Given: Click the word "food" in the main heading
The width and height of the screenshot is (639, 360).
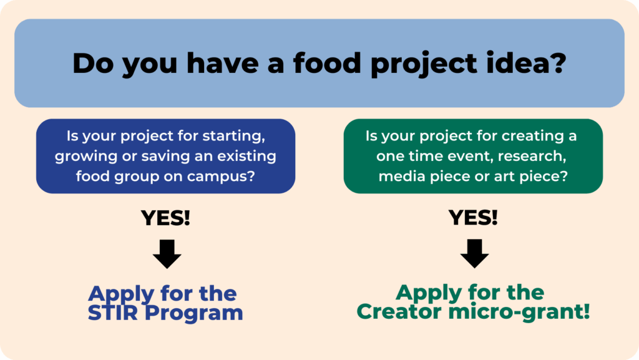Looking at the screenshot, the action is point(327,63).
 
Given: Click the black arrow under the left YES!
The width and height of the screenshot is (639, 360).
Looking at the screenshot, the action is point(167,254).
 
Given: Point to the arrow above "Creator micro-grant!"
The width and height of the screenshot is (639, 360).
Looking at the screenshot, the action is point(474,254).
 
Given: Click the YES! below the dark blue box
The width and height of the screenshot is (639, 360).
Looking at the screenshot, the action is point(165,218).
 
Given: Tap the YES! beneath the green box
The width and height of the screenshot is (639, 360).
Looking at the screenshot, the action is point(473,218).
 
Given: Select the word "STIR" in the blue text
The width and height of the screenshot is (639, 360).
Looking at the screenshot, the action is point(113,313).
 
